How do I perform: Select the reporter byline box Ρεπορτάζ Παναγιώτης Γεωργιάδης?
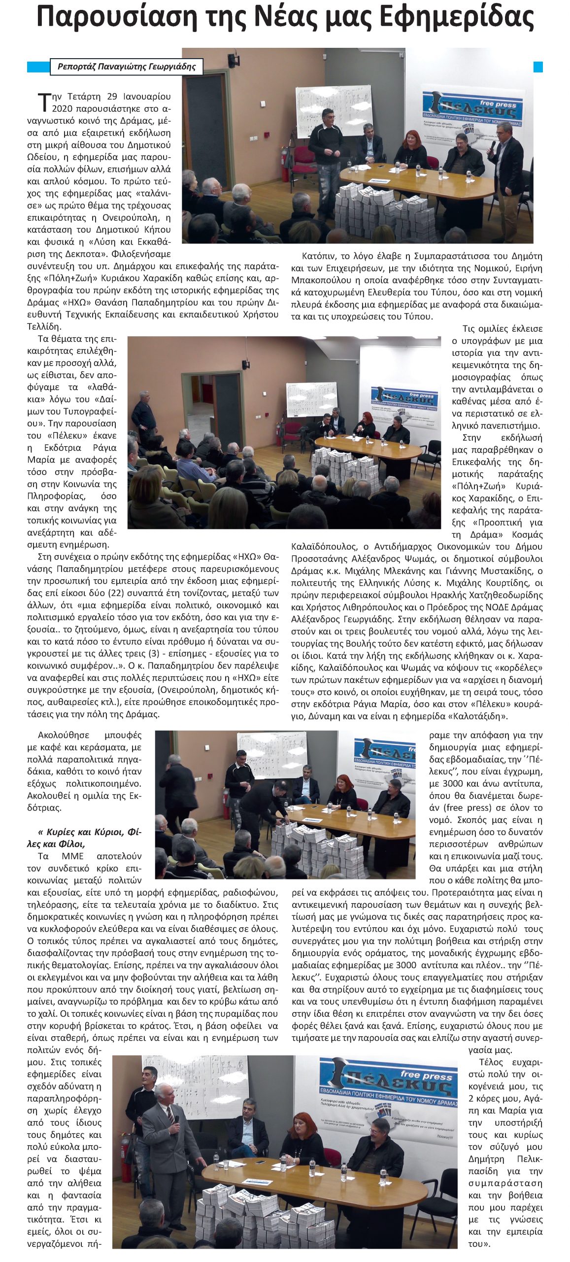[126, 67]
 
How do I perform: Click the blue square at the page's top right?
[537, 67]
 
